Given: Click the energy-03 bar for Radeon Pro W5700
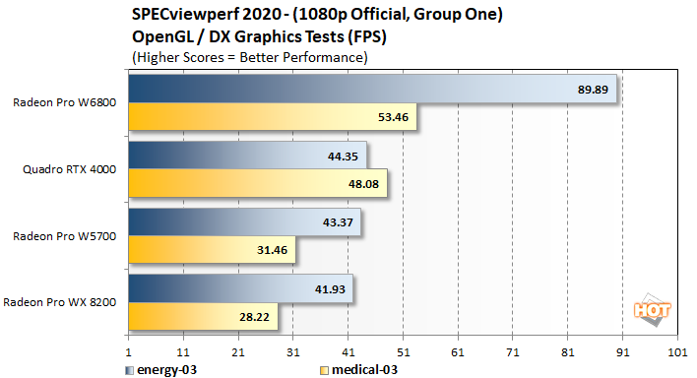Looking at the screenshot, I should click(245, 221).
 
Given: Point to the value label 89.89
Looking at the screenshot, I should click(594, 89).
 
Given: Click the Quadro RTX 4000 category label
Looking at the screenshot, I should click(69, 169).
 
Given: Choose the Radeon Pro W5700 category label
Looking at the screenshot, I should click(65, 235).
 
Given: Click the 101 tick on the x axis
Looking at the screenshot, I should click(675, 351).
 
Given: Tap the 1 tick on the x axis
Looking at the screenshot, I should click(129, 351).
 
